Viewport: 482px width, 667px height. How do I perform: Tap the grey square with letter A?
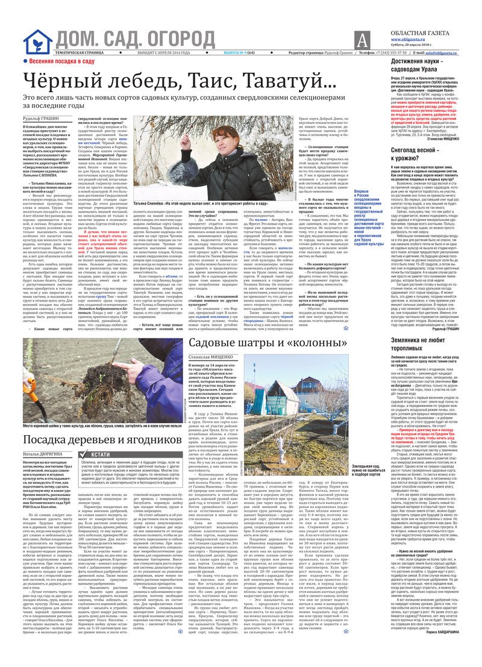361,40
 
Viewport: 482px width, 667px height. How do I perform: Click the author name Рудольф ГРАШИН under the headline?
42,118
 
